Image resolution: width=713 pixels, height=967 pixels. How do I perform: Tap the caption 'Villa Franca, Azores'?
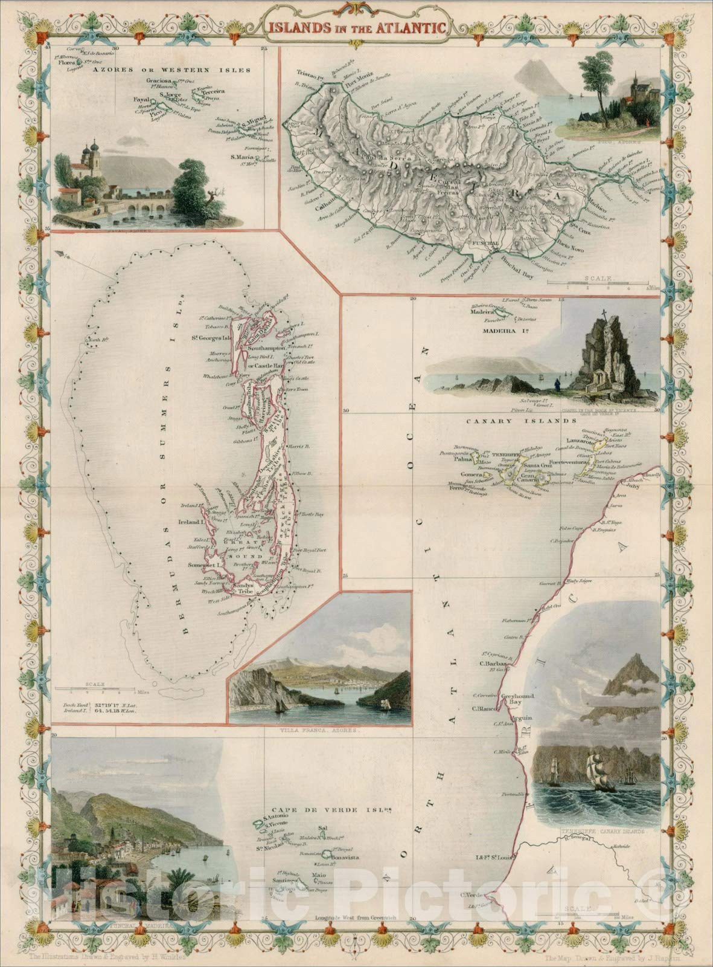click(321, 729)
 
